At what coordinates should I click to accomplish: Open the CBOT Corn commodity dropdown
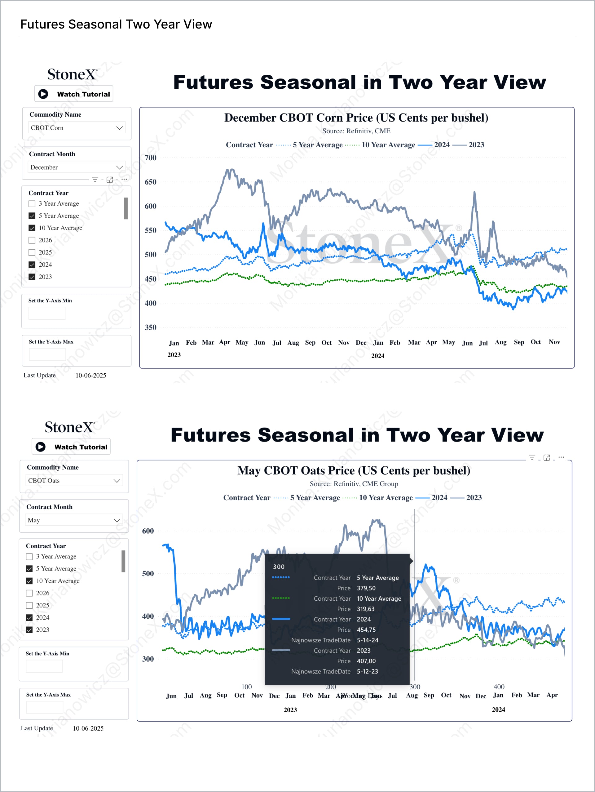click(x=77, y=128)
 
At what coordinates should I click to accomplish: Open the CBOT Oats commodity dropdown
click(x=74, y=480)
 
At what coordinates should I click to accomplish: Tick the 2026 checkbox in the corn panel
click(x=32, y=240)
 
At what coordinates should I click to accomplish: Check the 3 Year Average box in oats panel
click(x=29, y=556)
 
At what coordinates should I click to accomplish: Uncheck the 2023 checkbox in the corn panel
click(x=32, y=277)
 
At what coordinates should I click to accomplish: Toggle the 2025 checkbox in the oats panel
click(x=29, y=605)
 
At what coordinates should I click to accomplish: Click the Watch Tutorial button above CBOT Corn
click(x=74, y=94)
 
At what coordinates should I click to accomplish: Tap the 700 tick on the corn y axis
click(x=150, y=158)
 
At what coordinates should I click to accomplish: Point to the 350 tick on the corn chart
click(x=150, y=327)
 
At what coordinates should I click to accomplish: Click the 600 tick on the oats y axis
click(x=148, y=531)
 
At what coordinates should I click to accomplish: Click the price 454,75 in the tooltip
click(x=366, y=630)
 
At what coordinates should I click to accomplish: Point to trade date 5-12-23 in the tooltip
click(x=367, y=671)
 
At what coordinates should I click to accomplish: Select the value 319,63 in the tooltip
click(x=366, y=609)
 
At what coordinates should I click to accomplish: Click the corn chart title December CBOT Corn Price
click(x=356, y=118)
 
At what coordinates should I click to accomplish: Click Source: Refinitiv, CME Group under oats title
click(x=354, y=484)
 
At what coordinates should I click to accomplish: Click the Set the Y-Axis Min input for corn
click(x=47, y=313)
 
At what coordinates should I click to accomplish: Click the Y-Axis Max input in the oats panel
click(x=45, y=707)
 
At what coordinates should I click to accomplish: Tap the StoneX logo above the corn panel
click(x=72, y=74)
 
